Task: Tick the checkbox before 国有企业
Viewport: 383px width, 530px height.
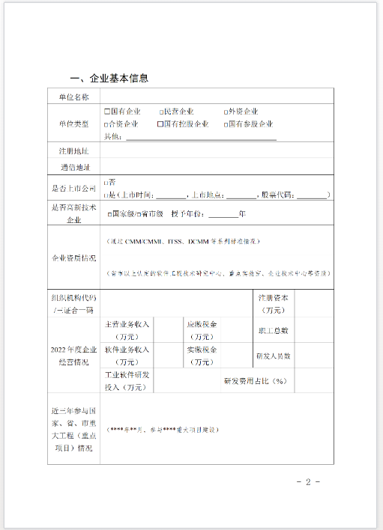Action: (107, 112)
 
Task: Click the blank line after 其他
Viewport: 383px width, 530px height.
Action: (201, 136)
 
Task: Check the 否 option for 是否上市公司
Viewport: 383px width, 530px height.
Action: (106, 182)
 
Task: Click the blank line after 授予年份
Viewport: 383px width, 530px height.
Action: (223, 214)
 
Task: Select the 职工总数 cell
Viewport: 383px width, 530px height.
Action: (273, 329)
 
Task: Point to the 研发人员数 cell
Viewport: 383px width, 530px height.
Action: (273, 356)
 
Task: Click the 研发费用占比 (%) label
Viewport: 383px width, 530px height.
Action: (256, 381)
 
